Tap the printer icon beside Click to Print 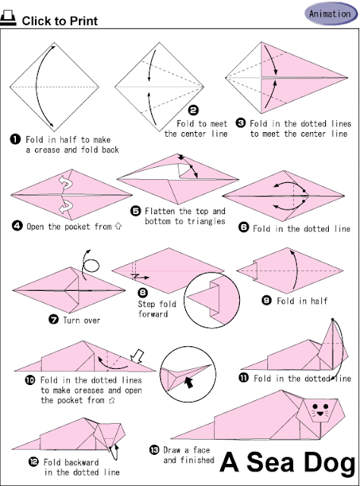pyautogui.click(x=8, y=17)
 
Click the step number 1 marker pyautogui.click(x=15, y=140)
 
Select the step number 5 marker pyautogui.click(x=135, y=211)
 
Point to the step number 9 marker pyautogui.click(x=267, y=301)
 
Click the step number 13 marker pyautogui.click(x=154, y=450)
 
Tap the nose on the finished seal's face pyautogui.click(x=321, y=412)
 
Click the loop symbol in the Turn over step pyautogui.click(x=91, y=266)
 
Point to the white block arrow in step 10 pyautogui.click(x=137, y=356)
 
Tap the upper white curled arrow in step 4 pyautogui.click(x=66, y=183)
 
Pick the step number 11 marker pyautogui.click(x=244, y=377)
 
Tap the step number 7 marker pyautogui.click(x=54, y=319)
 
